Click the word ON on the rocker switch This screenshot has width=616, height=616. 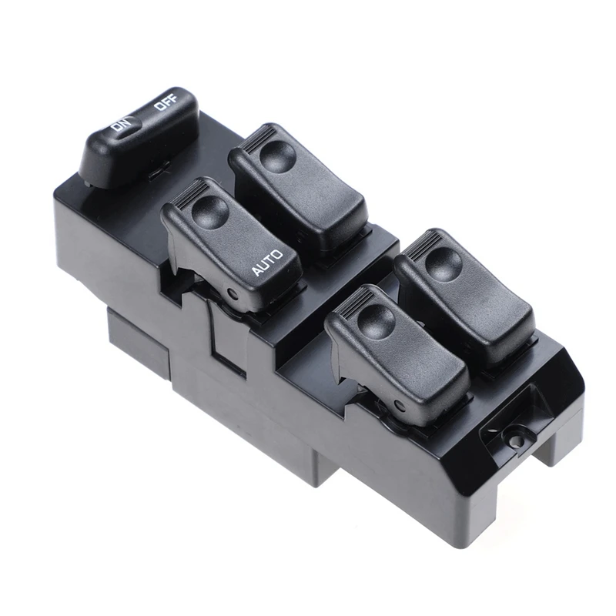pyautogui.click(x=121, y=125)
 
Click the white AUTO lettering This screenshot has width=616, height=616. pyautogui.click(x=266, y=262)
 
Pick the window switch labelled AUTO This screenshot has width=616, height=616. pyautogui.click(x=231, y=239)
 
